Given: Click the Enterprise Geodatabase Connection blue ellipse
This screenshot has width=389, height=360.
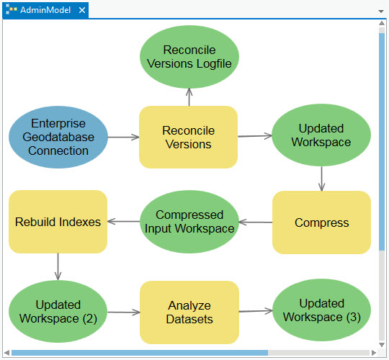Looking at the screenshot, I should [x=59, y=137].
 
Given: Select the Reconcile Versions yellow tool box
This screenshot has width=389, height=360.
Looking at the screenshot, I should [x=187, y=137].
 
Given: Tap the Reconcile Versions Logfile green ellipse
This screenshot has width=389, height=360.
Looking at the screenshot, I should [x=189, y=57].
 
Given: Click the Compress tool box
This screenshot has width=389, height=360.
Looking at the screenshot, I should [x=321, y=222].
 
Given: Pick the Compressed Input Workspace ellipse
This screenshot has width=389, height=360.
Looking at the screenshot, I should [x=189, y=222].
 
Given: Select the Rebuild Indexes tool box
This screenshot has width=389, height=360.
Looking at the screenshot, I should [x=58, y=222].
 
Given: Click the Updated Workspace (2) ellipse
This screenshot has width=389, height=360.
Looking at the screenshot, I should [x=58, y=311].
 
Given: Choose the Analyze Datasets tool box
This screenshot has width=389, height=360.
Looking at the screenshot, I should [x=189, y=311].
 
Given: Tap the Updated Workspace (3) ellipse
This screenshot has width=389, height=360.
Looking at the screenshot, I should [x=321, y=310].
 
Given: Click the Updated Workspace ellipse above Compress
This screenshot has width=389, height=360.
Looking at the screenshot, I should [x=321, y=135].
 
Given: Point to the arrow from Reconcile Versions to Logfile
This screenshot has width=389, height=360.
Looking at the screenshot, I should [x=189, y=97].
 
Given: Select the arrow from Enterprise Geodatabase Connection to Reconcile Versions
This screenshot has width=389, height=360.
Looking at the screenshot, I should [x=124, y=137].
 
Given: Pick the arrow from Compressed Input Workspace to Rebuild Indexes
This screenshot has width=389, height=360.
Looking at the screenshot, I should [x=122, y=222].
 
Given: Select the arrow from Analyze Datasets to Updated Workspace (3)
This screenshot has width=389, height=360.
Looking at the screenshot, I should [x=256, y=311].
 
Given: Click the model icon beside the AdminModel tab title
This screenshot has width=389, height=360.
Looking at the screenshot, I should [x=12, y=11].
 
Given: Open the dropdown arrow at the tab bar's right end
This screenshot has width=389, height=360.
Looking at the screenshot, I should [x=381, y=12].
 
